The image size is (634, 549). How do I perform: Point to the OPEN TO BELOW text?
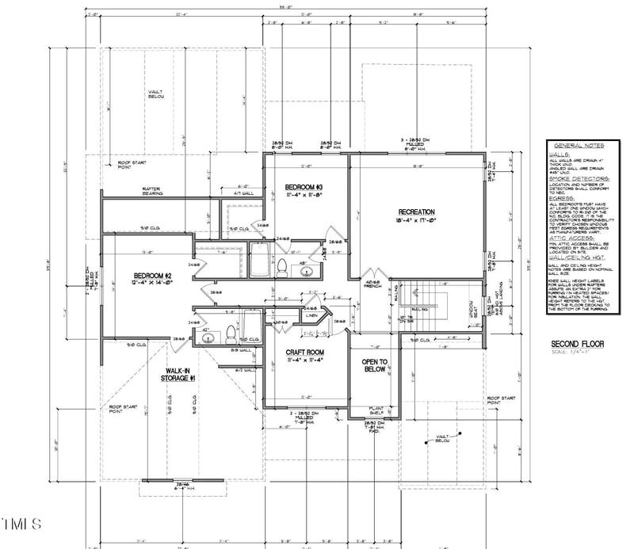tap(374, 366)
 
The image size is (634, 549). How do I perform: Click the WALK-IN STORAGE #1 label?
tap(181, 375)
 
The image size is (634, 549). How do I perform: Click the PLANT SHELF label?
tap(376, 412)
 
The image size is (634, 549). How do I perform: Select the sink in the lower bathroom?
tap(208, 337)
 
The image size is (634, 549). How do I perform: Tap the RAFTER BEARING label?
tap(153, 191)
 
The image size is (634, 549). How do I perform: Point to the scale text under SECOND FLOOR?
tap(574, 353)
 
